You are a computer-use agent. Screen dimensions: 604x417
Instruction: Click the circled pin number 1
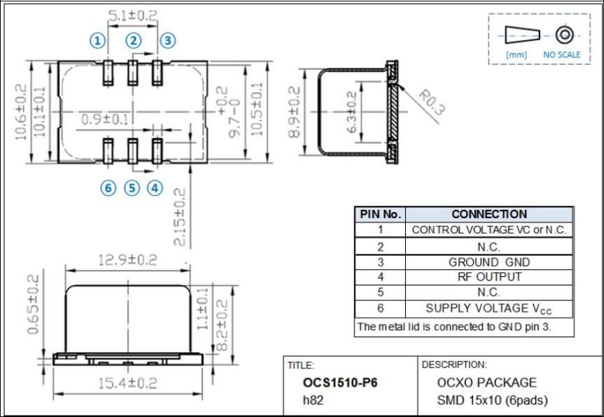(98, 41)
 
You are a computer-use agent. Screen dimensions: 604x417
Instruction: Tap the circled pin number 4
(155, 188)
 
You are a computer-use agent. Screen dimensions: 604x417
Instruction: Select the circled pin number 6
(108, 188)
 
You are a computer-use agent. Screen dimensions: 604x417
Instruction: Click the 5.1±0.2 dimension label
(132, 16)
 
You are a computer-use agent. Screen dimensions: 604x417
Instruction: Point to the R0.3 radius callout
(432, 102)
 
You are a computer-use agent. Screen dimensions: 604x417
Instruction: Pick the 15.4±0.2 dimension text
(127, 383)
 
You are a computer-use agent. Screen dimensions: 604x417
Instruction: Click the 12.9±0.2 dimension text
(127, 260)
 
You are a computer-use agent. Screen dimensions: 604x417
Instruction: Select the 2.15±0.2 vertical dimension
(179, 217)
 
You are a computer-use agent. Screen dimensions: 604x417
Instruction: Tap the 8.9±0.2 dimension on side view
(294, 112)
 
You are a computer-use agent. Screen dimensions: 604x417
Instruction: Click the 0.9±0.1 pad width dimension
(105, 119)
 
